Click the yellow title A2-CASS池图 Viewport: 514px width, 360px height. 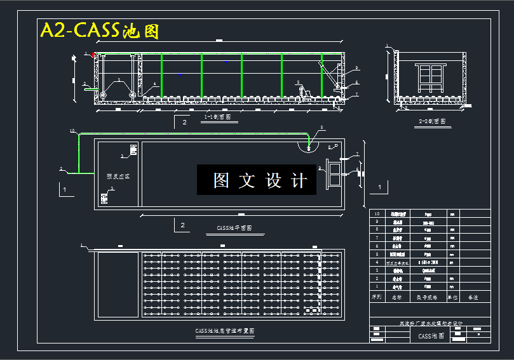tap(99, 30)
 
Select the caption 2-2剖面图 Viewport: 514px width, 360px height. tap(431, 121)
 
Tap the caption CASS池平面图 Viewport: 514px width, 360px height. tap(234, 227)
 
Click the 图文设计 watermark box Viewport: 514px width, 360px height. tap(257, 180)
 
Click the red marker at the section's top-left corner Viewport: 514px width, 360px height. tap(95, 56)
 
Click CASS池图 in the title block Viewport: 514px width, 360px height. tap(431, 337)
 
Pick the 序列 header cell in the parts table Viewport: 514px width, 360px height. tap(377, 297)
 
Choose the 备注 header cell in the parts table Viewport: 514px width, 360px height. tap(473, 297)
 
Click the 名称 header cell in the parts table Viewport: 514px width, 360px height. tap(397, 297)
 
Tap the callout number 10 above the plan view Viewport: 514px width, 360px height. tap(72, 131)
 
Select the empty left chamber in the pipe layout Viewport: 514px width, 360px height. tap(117, 284)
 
